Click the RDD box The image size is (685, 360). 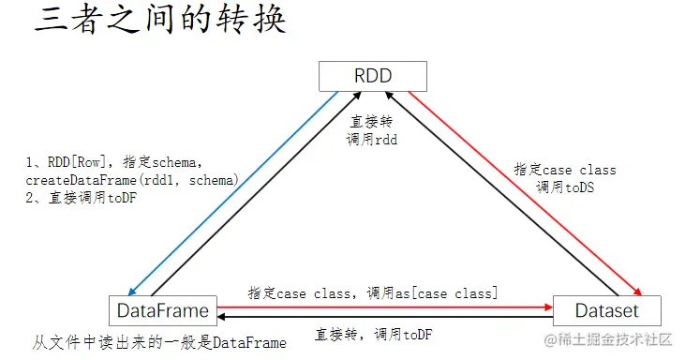[372, 75]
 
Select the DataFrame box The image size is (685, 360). [163, 310]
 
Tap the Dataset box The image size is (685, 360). [606, 310]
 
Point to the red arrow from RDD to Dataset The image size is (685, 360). [525, 197]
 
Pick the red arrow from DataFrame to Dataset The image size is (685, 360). [384, 306]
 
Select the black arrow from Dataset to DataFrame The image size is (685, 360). [384, 319]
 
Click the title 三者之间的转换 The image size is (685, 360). [160, 21]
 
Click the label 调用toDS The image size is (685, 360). [565, 187]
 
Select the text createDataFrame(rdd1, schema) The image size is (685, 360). [132, 179]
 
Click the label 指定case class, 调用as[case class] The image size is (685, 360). [372, 293]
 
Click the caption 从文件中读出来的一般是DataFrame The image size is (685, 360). [159, 342]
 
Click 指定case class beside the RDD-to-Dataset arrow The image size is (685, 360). [565, 170]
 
